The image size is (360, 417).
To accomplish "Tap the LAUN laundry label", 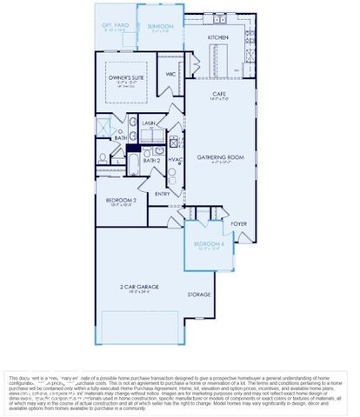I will coord(147,123).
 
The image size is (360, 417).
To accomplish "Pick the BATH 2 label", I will coord(153,160).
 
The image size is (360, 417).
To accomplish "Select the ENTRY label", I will coord(163,194).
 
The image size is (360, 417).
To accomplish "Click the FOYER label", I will coord(238,223).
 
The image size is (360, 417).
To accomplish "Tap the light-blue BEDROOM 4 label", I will coord(209,244).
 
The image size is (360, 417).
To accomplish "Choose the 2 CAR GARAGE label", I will coord(140,288).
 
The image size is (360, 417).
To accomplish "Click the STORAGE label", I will coord(199,295).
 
